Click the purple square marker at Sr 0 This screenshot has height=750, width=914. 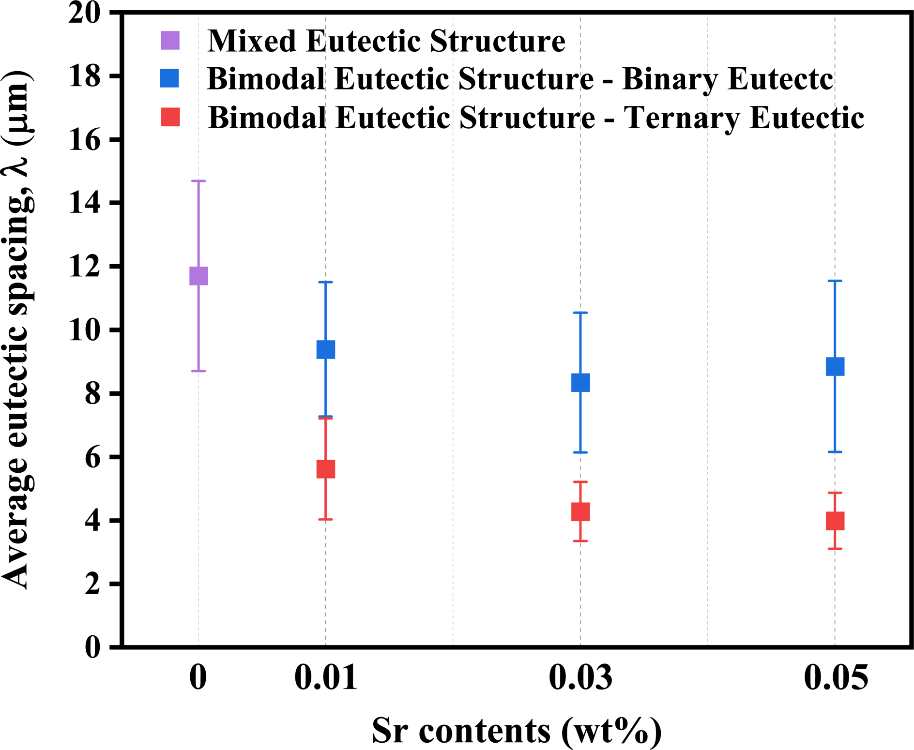pyautogui.click(x=198, y=276)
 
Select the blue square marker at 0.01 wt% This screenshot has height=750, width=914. pyautogui.click(x=326, y=349)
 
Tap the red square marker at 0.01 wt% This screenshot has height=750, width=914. pyautogui.click(x=326, y=469)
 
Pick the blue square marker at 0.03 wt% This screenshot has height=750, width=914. pyautogui.click(x=580, y=382)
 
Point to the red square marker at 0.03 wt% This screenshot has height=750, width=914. pyautogui.click(x=580, y=511)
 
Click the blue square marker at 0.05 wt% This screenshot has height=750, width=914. pyautogui.click(x=835, y=366)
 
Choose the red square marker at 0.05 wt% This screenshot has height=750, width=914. pyautogui.click(x=835, y=521)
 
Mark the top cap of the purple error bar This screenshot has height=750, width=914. pyautogui.click(x=198, y=181)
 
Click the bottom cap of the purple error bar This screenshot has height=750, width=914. pyautogui.click(x=198, y=371)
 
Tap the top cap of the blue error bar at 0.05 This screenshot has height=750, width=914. pyautogui.click(x=835, y=281)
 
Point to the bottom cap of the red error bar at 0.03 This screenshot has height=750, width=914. pyautogui.click(x=580, y=541)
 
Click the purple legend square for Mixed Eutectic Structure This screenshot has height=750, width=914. pyautogui.click(x=170, y=40)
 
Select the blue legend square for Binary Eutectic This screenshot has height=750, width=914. pyautogui.click(x=170, y=78)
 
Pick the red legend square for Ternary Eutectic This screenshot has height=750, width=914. pyautogui.click(x=170, y=117)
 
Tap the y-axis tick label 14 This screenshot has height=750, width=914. pyautogui.click(x=85, y=203)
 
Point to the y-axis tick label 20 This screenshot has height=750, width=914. pyautogui.click(x=85, y=13)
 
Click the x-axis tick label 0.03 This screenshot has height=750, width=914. pyautogui.click(x=580, y=677)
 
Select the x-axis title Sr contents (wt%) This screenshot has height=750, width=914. pyautogui.click(x=517, y=731)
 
